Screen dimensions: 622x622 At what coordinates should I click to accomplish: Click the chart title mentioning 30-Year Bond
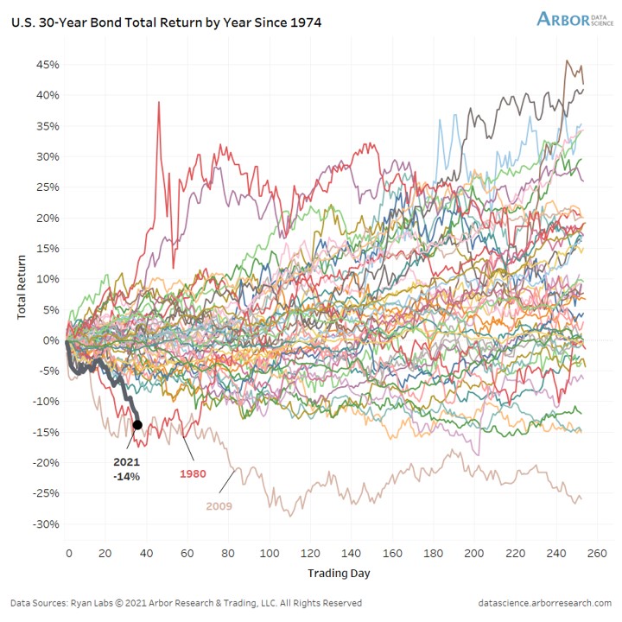point(166,22)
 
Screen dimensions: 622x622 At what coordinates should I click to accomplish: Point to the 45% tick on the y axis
point(47,65)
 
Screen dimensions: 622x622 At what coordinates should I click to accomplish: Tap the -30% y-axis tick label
point(45,524)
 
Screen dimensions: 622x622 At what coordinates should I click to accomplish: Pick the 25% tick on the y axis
point(47,187)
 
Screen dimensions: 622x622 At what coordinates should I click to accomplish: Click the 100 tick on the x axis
point(270,554)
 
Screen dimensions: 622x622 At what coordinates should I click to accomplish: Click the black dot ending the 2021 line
point(137,424)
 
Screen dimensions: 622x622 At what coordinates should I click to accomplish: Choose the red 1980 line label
point(192,474)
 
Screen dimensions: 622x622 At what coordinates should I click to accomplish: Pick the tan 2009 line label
point(220,505)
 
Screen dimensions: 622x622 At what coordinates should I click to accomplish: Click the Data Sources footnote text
point(186,603)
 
